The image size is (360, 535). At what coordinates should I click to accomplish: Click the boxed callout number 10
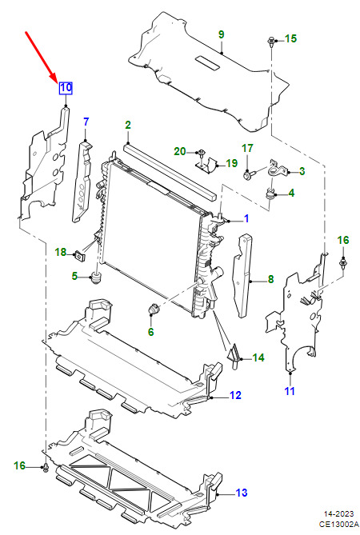66,88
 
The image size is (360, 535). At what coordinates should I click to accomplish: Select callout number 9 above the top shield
221,34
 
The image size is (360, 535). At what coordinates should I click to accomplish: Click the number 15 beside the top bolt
290,38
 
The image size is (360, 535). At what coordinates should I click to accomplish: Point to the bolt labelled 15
271,42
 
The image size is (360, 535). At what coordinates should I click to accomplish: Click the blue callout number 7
86,122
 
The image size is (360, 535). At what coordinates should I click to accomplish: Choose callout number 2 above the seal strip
128,125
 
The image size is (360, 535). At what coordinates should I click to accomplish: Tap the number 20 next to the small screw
180,151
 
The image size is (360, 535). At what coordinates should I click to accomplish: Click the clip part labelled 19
207,164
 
